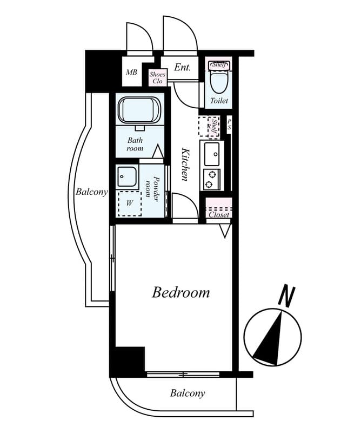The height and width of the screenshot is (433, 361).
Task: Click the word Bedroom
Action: [x=180, y=293]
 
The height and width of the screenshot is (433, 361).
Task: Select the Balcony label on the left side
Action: [x=91, y=192]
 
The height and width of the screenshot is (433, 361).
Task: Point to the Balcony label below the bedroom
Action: [x=188, y=393]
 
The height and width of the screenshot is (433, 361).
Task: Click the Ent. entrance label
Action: [x=182, y=68]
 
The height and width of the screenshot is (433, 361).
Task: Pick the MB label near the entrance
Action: [x=131, y=73]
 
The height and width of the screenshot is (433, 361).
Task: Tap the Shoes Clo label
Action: [x=157, y=78]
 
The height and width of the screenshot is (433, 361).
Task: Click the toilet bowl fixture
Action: [x=219, y=82]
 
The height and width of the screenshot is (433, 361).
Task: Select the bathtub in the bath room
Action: [x=139, y=111]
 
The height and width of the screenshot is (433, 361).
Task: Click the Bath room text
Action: [x=135, y=145]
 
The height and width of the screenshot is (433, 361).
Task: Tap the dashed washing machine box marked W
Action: [x=130, y=204]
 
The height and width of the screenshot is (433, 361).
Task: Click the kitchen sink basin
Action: [x=212, y=153]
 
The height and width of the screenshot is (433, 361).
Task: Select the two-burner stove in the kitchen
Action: [x=212, y=179]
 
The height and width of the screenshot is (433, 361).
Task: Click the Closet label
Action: [x=219, y=215]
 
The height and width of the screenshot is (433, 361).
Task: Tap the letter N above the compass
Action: [x=286, y=296]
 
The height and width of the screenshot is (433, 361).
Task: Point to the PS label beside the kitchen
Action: [x=229, y=124]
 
